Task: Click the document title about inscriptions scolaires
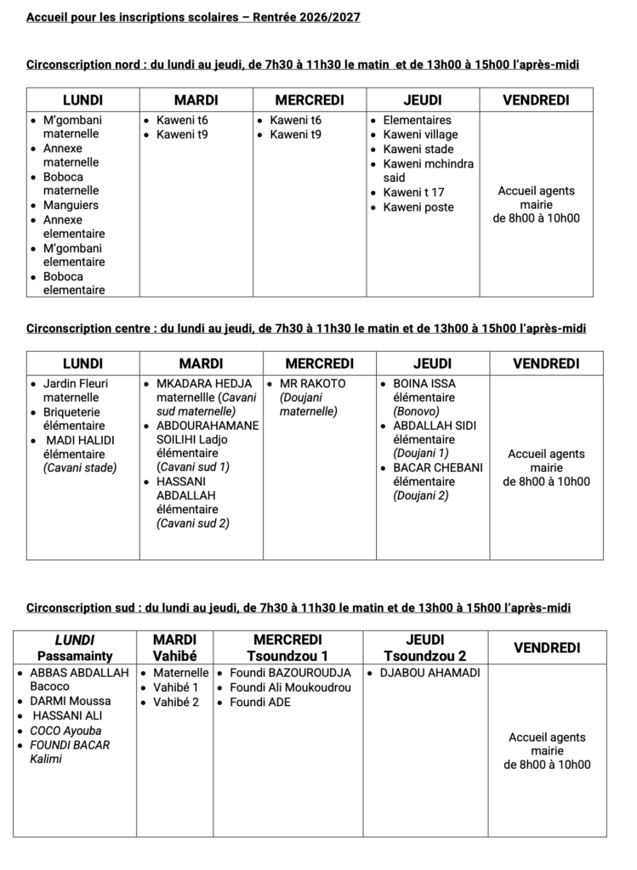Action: (x=193, y=17)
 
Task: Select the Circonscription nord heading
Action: (x=303, y=65)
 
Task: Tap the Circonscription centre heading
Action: (x=306, y=328)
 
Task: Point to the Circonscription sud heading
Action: (x=299, y=607)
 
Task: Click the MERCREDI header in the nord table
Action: (x=310, y=100)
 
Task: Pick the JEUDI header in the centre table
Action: (x=432, y=364)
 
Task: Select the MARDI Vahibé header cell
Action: (x=174, y=647)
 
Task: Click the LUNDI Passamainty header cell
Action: (x=75, y=647)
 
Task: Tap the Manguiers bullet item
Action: (x=71, y=205)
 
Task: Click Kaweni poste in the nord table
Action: (x=418, y=207)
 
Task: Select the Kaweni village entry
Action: (x=420, y=134)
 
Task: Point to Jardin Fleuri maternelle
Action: (x=76, y=390)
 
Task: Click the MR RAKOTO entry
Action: (x=312, y=383)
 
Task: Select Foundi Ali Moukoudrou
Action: (x=290, y=687)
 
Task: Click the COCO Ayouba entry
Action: (x=65, y=731)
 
